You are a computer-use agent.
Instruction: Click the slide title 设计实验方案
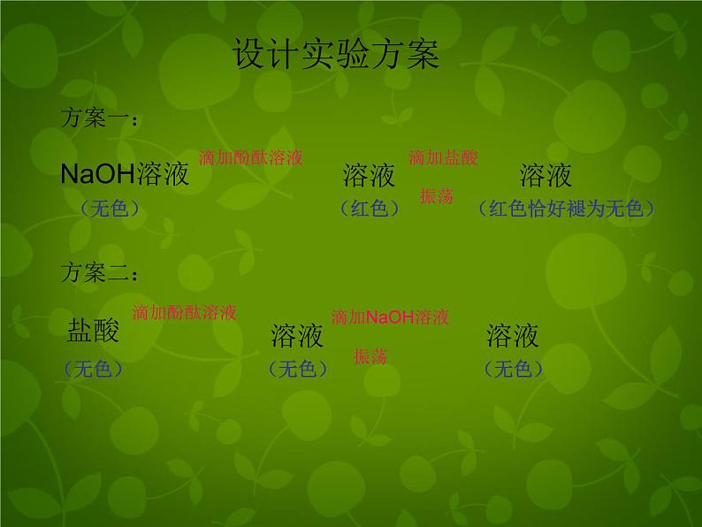coord(335,56)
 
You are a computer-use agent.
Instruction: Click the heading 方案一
coord(98,119)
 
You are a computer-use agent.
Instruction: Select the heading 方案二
coord(98,272)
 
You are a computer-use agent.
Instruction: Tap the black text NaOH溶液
coord(125,174)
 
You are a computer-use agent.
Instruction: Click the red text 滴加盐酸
coord(443,157)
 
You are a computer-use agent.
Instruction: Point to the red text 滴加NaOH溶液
coord(390,317)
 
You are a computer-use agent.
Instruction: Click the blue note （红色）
coord(370,209)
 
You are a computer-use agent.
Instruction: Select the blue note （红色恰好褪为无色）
coord(566,209)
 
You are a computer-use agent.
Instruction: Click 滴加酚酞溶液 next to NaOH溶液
coord(251,157)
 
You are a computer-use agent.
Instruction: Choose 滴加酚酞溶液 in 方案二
coord(184,312)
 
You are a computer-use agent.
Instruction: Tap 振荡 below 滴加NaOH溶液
coord(370,356)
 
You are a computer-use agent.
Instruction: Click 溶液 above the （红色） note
coord(369,176)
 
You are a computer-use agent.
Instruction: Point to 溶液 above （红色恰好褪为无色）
coord(546,175)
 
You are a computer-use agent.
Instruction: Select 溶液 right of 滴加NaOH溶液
coord(512,335)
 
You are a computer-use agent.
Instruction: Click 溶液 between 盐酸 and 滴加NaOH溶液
coord(297,336)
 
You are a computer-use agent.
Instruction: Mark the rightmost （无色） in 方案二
coord(513,369)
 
